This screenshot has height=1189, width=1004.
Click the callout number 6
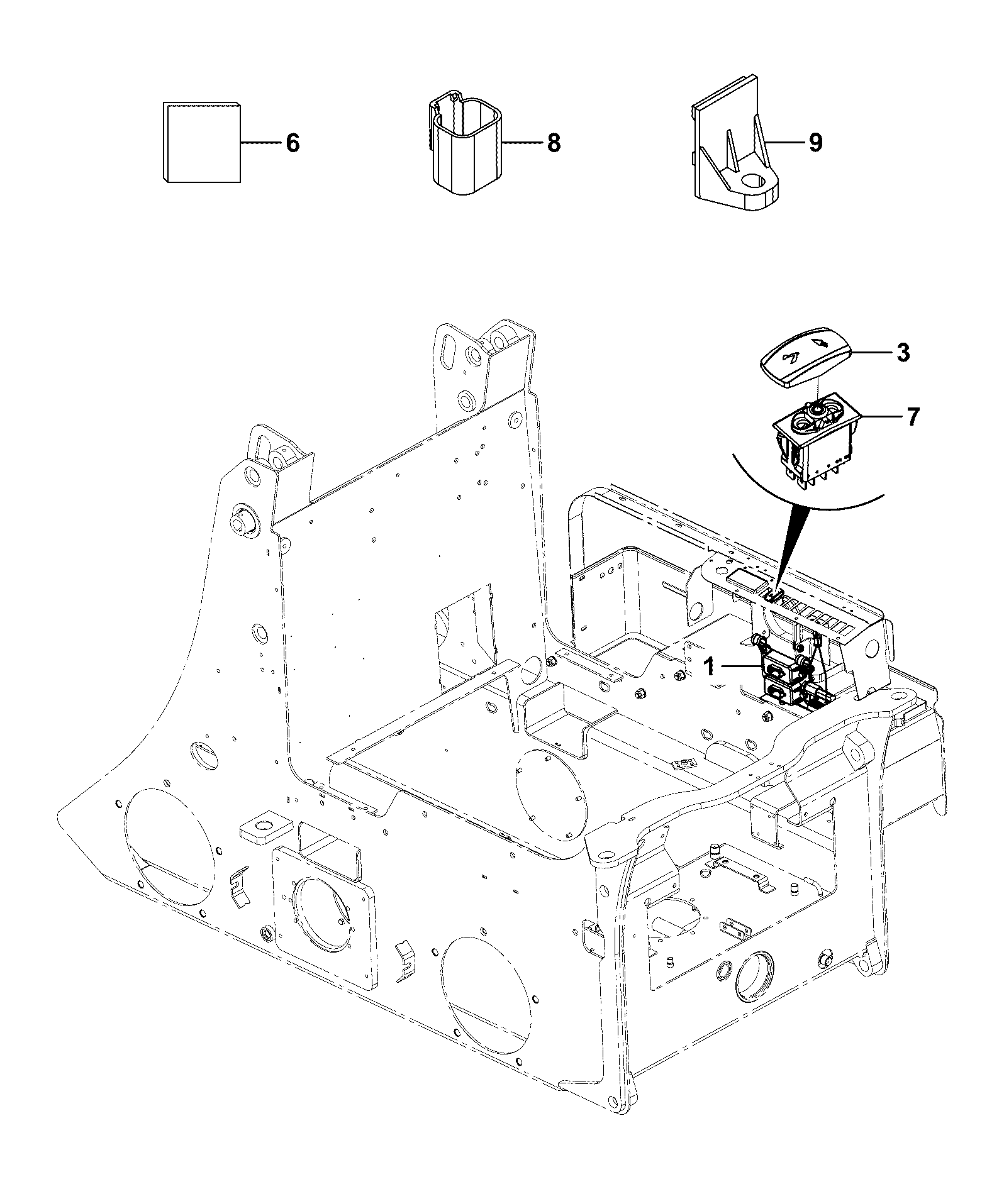[x=293, y=143]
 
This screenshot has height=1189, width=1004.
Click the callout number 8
[x=554, y=143]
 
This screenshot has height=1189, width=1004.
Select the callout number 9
[x=815, y=143]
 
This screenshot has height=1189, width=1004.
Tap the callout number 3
[x=903, y=353]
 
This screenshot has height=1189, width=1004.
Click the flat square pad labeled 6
[x=201, y=142]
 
